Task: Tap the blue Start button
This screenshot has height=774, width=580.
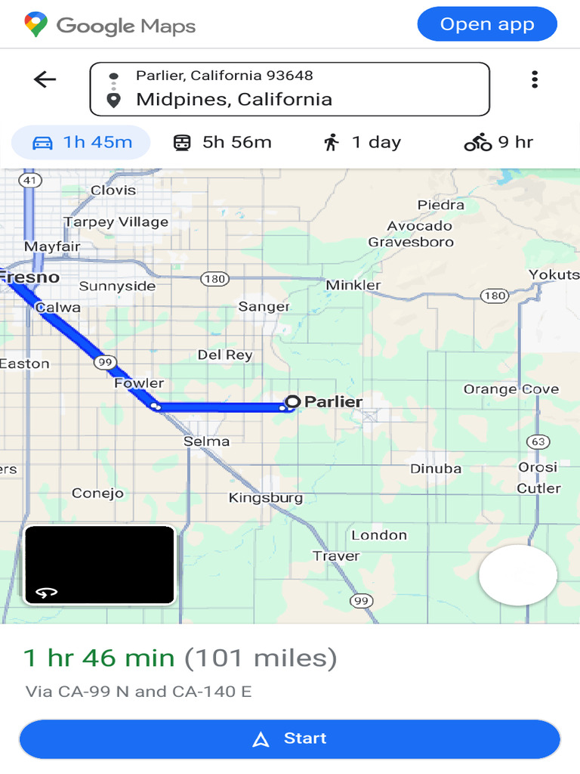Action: [x=290, y=738]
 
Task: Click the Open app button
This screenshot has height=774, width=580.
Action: [x=487, y=24]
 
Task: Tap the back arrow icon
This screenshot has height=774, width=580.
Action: [x=45, y=79]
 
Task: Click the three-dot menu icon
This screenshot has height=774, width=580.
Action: [x=535, y=79]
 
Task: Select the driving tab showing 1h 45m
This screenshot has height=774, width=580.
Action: [x=82, y=142]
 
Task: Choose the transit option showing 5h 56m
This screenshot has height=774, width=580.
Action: [x=222, y=142]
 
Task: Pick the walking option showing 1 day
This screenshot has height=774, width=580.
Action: [x=362, y=142]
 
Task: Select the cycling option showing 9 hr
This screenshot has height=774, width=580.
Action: [x=498, y=142]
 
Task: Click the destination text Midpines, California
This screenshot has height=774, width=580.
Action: [x=234, y=100]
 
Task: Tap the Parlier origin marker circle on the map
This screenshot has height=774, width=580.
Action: [x=292, y=401]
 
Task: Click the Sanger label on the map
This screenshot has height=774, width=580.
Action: [x=264, y=306]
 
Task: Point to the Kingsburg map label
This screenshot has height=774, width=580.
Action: [x=266, y=497]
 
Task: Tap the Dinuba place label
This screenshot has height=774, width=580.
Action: [x=436, y=469]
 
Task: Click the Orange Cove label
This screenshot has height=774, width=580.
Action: [x=511, y=389]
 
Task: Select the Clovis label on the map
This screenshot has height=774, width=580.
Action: [x=113, y=190]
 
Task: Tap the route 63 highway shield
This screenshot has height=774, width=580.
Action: [x=538, y=441]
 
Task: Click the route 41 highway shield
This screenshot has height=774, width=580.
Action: [x=30, y=181]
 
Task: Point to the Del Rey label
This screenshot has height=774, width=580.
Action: [x=225, y=354]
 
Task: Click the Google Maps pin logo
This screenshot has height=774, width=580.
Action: [x=35, y=25]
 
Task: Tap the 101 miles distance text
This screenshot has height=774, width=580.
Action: [x=261, y=658]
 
